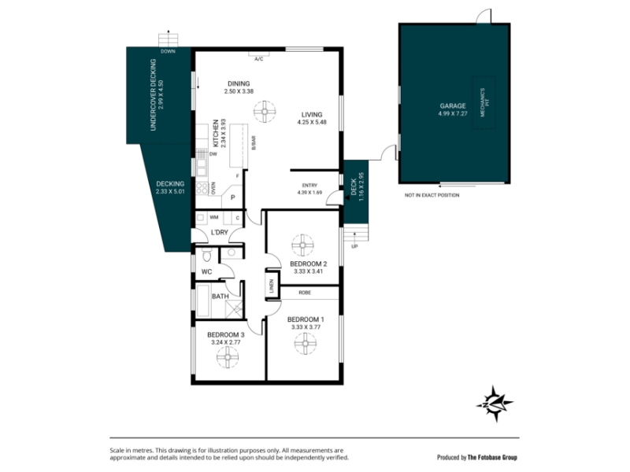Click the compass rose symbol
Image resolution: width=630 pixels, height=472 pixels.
495,404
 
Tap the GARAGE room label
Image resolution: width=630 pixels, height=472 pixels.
453,106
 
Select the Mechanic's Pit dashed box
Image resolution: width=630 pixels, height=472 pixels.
484,102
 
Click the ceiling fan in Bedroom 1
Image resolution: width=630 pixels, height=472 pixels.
305,344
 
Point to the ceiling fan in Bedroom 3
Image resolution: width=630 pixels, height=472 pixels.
228,357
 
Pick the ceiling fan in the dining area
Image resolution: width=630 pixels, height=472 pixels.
265,111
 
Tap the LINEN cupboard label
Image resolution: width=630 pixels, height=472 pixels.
271,286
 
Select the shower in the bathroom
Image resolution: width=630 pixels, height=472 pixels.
234,309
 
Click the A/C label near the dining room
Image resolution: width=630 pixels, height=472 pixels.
259,60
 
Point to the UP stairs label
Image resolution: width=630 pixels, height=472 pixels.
354,246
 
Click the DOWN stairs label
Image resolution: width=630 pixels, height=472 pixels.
168,51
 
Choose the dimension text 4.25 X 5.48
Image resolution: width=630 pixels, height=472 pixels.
312,122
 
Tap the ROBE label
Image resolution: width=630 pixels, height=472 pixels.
305,293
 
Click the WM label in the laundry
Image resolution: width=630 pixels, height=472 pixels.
214,218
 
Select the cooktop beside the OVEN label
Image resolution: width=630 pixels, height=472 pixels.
202,188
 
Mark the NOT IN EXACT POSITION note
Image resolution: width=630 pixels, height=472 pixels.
432,195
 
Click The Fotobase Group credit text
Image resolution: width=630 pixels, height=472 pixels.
492,457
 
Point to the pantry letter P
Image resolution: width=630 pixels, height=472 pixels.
232,198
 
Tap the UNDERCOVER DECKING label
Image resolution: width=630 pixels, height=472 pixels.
153,94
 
